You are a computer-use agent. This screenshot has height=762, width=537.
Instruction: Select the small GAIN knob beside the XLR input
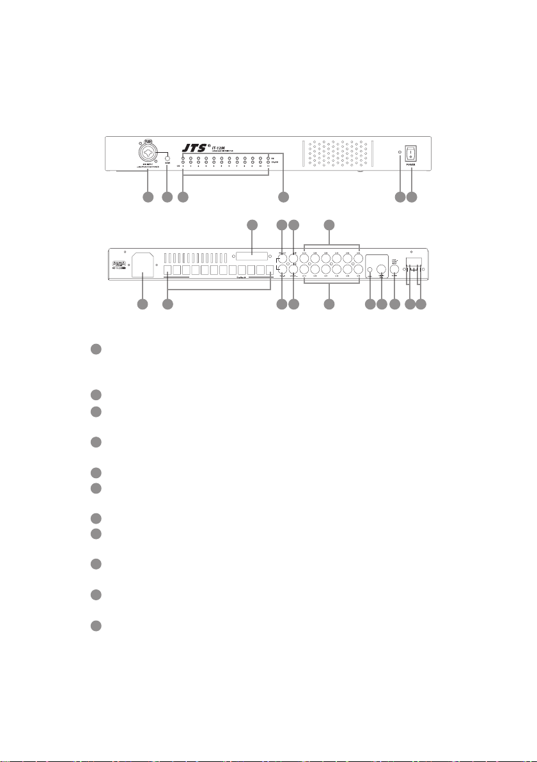pos(168,159)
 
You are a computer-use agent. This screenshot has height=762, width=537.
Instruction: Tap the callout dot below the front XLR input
pos(147,198)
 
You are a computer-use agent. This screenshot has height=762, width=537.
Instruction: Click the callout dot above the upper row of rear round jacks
pos(329,224)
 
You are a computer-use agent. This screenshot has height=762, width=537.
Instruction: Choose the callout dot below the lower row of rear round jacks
pos(329,306)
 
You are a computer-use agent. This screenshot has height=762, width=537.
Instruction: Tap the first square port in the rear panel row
pos(169,270)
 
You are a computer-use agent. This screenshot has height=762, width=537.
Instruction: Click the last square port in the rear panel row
pos(269,270)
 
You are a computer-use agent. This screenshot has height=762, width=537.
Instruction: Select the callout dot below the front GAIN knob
pos(168,198)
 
